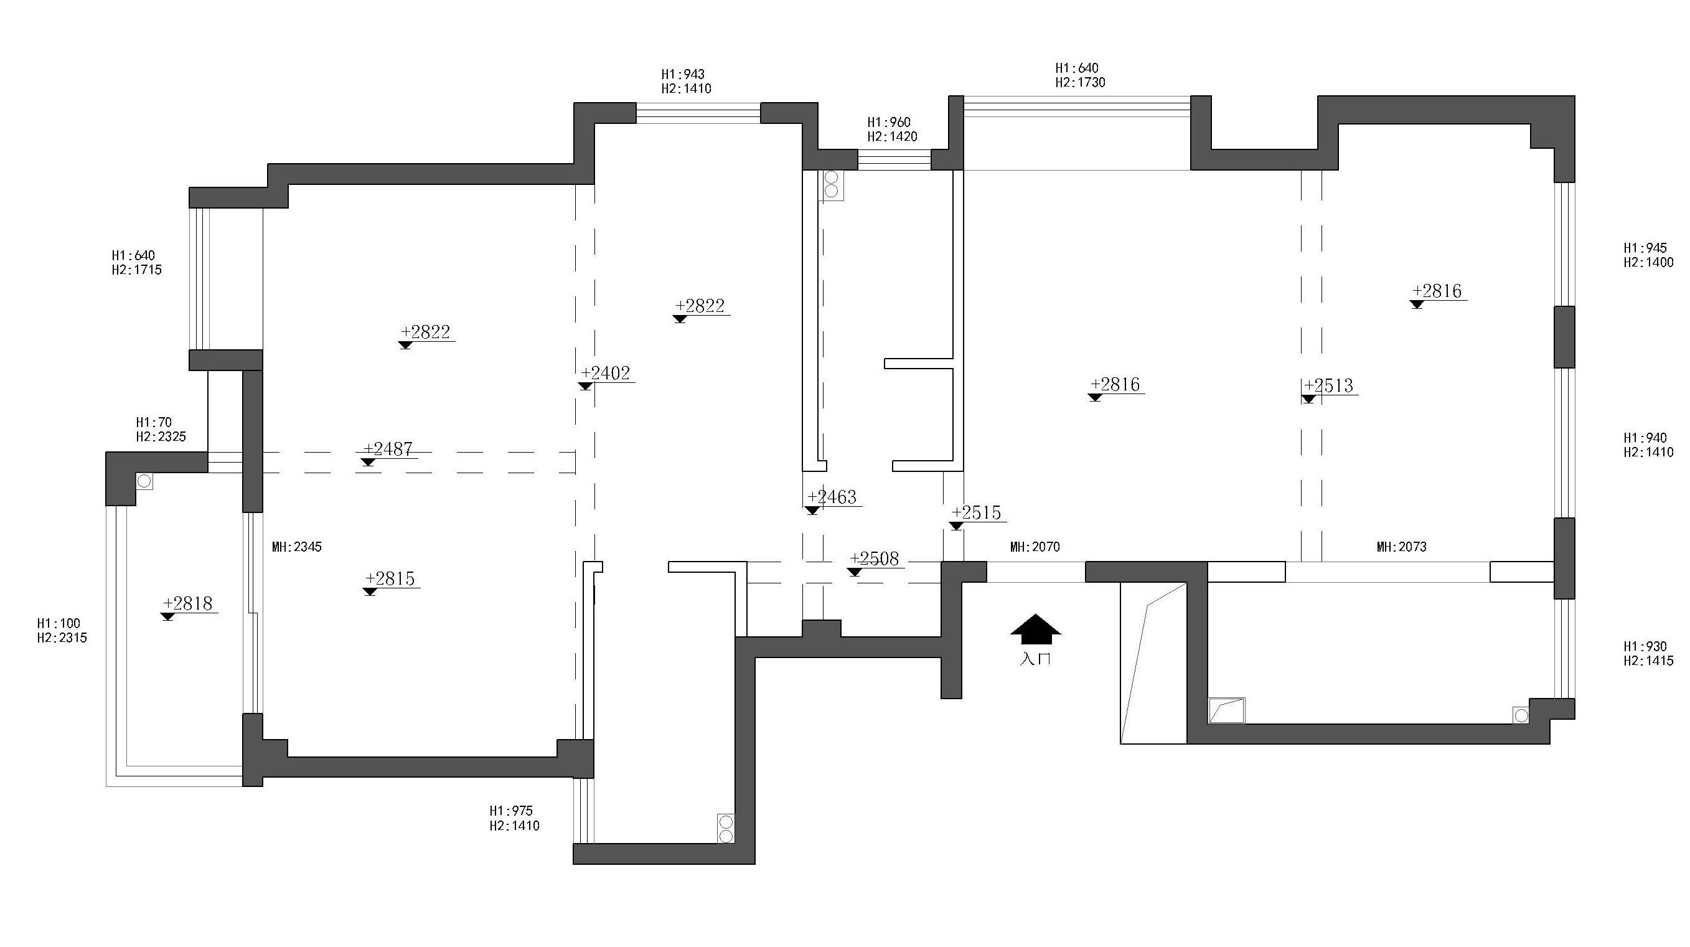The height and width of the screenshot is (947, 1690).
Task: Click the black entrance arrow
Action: point(1035,630)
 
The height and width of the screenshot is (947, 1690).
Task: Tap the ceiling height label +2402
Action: point(606,374)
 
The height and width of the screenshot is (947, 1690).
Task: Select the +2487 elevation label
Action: point(388,449)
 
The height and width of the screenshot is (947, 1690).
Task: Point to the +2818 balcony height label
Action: point(188,604)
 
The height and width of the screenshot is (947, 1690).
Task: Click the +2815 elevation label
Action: point(390,579)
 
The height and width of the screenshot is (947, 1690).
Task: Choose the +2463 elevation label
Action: point(832,497)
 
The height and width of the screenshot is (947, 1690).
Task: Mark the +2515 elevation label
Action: point(977,512)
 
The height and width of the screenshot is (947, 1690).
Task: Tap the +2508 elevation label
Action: point(875,558)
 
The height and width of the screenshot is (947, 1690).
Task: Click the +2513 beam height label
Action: point(1329,385)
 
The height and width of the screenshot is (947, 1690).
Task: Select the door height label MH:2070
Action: point(1035,547)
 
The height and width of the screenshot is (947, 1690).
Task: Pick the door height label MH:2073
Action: point(1402,547)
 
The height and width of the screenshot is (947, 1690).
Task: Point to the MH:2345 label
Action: point(297,547)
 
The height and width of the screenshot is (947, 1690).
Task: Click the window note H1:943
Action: point(683,74)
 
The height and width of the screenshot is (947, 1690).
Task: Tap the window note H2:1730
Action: point(1081,83)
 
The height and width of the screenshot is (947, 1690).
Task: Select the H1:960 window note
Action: point(889,122)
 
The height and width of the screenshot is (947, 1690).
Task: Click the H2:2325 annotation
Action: point(161,436)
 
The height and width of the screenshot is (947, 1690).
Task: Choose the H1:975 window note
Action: point(511,811)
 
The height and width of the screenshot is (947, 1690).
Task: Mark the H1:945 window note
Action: point(1645,248)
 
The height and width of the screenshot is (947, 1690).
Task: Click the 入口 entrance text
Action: point(1035,659)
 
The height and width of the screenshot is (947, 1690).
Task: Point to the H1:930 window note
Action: point(1645,646)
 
